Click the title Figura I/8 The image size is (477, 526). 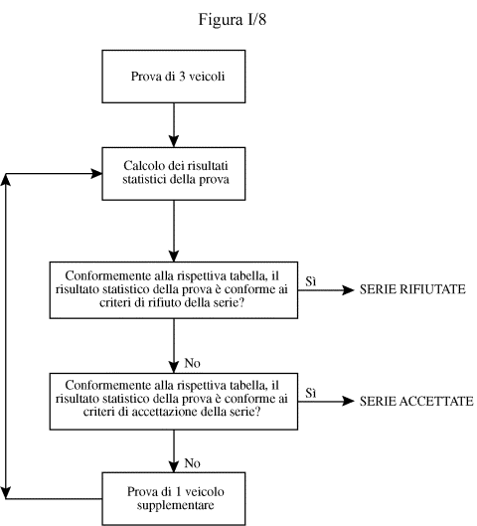coord(233,20)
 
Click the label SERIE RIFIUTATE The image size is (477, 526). coord(412,289)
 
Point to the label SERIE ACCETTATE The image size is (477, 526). coord(416,401)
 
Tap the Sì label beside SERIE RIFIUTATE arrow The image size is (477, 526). coord(311,281)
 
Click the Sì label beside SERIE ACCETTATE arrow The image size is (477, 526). coord(311,393)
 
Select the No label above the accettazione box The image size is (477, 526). coord(193,363)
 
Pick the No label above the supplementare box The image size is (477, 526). coord(193,463)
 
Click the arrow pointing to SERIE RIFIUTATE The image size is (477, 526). coord(326,289)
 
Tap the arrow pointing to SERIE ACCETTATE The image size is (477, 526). coord(326,401)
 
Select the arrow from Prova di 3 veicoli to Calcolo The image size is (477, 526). coord(174,125)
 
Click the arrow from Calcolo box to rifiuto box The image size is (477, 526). coord(174,231)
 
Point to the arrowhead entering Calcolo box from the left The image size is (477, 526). coord(96,174)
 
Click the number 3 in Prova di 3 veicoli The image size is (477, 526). coord(182,77)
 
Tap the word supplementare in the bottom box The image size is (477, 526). coord(175,505)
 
